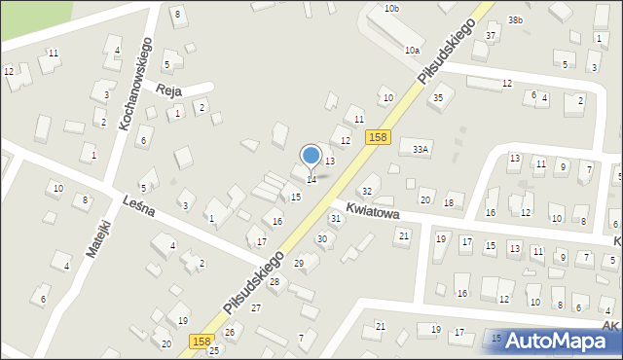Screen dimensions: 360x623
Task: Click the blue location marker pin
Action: click(311, 157)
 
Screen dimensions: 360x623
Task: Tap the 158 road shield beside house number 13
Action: click(379, 139)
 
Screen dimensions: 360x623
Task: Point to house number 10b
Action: click(391, 8)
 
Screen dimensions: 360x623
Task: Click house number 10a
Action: click(413, 50)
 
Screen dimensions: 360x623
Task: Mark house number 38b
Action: click(516, 19)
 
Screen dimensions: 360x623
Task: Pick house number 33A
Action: click(421, 149)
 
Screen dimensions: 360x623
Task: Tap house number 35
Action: click(438, 98)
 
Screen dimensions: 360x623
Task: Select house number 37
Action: click(491, 36)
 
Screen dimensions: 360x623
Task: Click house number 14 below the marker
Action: click(311, 179)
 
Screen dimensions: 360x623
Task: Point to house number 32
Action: click(367, 191)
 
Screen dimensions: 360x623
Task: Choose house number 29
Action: click(299, 263)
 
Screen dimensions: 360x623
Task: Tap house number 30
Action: click(321, 238)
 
